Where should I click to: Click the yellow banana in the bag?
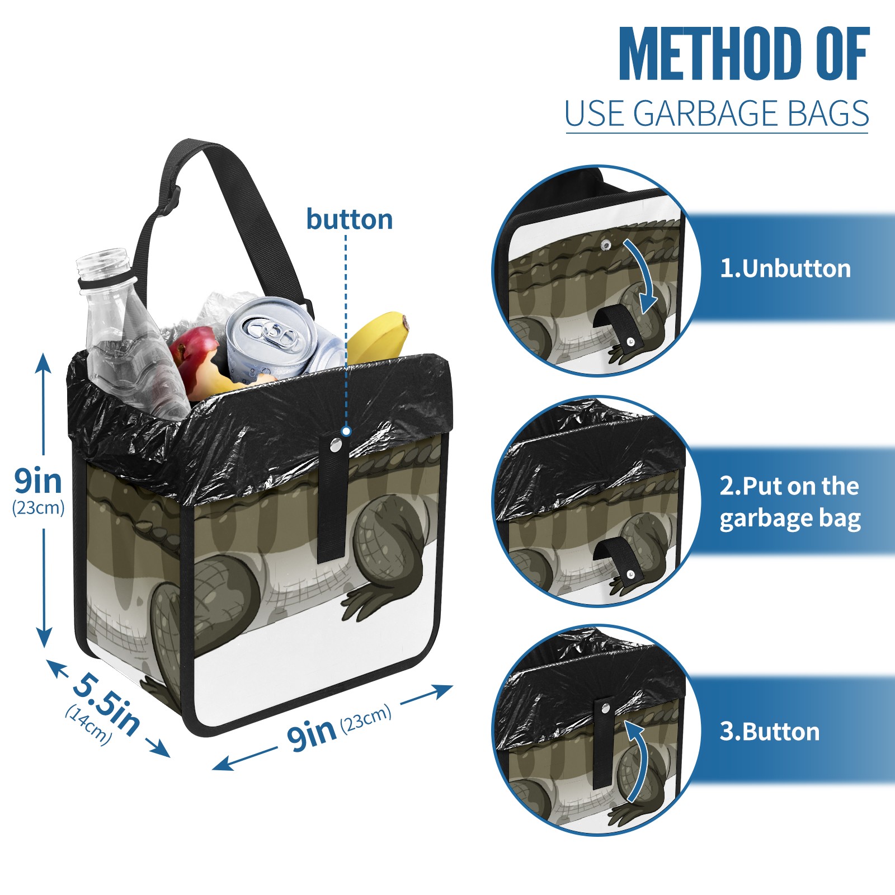tap(378, 336)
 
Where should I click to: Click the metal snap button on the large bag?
tap(335, 445)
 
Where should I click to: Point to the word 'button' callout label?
tap(349, 219)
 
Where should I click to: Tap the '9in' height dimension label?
tap(38, 481)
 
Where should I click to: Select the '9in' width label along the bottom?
tap(311, 733)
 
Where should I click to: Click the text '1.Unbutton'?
tap(785, 268)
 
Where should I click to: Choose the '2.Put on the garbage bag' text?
tap(789, 502)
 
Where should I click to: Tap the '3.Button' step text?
tap(769, 732)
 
